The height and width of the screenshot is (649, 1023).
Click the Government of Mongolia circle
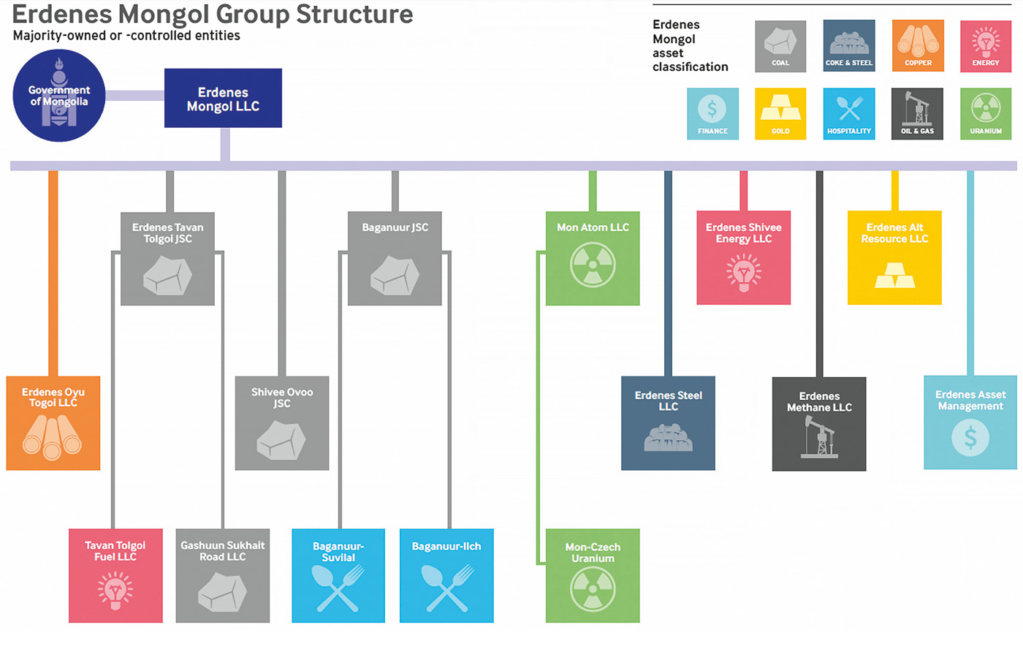58,96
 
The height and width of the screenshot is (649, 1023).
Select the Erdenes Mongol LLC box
223,99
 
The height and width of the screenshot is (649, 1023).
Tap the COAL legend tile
780,46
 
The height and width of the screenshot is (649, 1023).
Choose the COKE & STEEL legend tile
848,46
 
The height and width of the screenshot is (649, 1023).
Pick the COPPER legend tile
918,46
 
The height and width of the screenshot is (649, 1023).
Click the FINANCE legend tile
712,114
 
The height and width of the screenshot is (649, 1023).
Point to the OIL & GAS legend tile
917,114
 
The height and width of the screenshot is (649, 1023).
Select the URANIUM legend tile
986,114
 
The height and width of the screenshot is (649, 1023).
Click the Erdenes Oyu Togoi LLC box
53,423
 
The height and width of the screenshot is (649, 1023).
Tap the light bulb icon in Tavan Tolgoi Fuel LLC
115,591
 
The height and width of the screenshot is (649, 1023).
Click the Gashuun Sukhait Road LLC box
223,576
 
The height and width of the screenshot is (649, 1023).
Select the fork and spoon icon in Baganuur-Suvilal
338,588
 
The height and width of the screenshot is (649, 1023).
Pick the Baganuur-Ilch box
446,576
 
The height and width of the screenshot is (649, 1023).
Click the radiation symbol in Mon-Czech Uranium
593,589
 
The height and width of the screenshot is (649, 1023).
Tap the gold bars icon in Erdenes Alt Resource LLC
894,276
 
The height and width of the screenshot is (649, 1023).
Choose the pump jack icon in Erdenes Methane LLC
818,436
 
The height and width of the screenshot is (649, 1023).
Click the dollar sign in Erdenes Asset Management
970,438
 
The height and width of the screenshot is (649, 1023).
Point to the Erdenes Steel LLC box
668,423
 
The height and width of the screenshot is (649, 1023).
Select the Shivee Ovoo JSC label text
282,398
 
